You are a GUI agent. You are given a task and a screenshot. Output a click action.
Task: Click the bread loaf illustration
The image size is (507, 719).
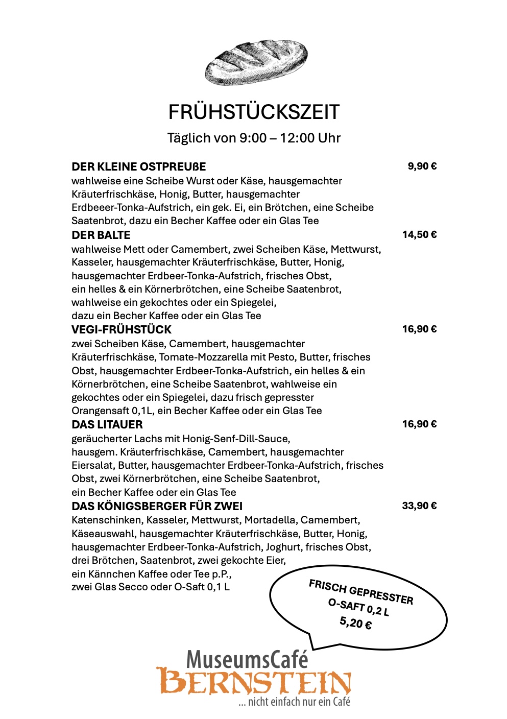pos(256,63)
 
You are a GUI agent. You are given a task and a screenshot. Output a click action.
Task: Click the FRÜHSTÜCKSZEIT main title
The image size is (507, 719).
pos(254,112)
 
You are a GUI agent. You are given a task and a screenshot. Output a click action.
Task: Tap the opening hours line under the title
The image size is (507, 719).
pos(254,138)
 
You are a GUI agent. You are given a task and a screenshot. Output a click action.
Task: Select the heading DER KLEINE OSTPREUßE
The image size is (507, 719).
pos(139,166)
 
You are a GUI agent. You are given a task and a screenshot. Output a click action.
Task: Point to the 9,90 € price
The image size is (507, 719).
pos(422,166)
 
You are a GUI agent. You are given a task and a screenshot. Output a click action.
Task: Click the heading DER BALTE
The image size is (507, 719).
pos(101,235)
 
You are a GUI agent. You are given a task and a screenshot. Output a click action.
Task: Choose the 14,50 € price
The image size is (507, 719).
pos(419,234)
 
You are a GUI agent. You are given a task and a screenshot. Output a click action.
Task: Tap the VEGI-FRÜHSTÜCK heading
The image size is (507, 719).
pos(122,329)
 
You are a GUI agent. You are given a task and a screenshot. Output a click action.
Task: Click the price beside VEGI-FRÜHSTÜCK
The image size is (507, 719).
pos(419,329)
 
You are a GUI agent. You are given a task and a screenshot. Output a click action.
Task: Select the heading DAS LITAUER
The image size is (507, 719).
pos(107,424)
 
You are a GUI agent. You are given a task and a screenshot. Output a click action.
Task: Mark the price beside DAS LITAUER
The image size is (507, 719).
pos(419,424)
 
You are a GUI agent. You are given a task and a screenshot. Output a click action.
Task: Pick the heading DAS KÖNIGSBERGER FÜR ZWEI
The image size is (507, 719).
pos(157,506)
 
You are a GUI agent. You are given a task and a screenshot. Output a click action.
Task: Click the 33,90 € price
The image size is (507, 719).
pos(419,506)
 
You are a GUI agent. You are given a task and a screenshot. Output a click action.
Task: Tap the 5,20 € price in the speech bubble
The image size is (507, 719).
pos(355,623)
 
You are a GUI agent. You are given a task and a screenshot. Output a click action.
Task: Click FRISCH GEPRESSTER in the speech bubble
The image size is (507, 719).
pos(361,592)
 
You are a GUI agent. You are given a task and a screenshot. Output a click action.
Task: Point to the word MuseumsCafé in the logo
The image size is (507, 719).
pos(247,659)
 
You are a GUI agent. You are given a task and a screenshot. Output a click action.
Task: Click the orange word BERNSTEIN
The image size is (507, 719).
pos(254,682)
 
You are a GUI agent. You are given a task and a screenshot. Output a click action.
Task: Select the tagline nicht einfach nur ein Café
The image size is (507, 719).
pos(295,702)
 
